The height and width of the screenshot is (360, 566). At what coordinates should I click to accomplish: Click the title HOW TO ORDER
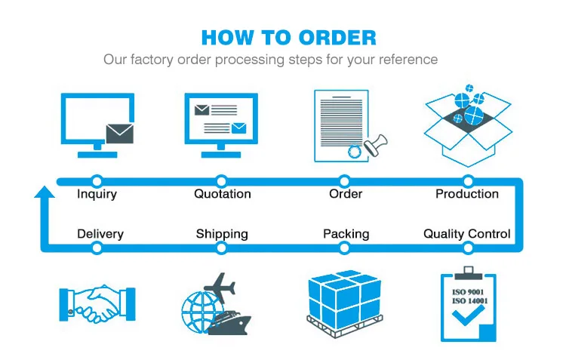point(288,37)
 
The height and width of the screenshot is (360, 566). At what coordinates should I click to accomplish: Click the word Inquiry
point(97,194)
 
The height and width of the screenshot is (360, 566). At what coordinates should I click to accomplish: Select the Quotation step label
point(222,194)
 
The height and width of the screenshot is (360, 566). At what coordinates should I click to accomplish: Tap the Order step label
point(346,194)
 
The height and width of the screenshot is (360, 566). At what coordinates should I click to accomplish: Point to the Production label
point(467,194)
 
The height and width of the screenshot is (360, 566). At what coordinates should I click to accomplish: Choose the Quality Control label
point(466,234)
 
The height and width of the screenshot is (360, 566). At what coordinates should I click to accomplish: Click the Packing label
point(346,234)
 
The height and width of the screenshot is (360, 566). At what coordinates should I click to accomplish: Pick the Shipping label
point(222,234)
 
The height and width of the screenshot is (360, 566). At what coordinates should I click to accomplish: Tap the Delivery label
point(100,234)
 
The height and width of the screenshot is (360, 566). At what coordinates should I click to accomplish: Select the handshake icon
point(97,304)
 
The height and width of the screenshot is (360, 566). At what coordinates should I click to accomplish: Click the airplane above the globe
point(219,286)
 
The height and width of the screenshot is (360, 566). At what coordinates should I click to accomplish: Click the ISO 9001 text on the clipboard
point(468,291)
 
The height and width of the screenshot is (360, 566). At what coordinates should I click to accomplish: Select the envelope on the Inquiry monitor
point(120,134)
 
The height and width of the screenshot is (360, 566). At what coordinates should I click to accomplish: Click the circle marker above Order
point(345,180)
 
